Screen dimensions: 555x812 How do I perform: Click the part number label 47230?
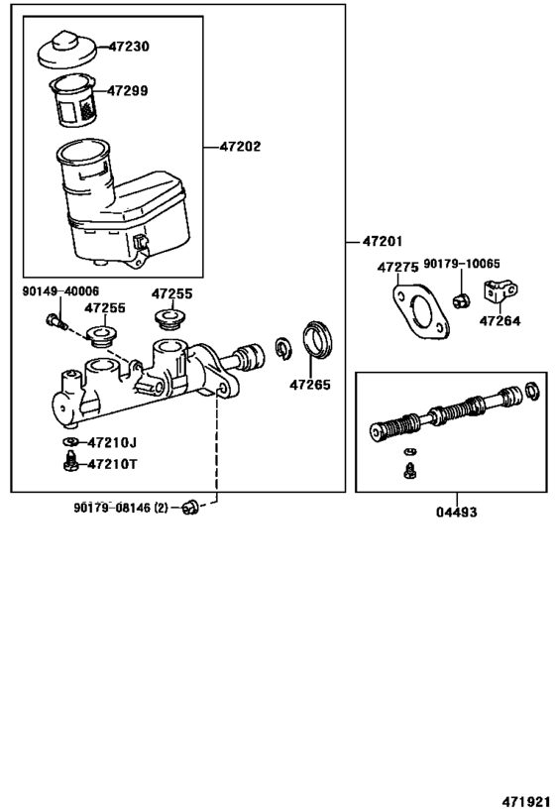(129, 47)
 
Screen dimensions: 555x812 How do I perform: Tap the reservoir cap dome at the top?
(67, 50)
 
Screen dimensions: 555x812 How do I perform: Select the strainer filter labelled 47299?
(73, 100)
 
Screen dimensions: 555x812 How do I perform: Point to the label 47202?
(240, 147)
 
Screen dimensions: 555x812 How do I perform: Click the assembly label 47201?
(383, 241)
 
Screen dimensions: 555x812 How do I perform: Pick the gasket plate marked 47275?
(421, 310)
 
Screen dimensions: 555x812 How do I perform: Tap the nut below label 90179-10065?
(461, 300)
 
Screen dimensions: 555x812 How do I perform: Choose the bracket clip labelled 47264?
(499, 292)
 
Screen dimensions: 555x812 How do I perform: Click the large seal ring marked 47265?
(317, 339)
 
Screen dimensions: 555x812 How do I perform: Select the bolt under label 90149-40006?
(55, 322)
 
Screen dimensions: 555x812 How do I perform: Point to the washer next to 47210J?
(70, 442)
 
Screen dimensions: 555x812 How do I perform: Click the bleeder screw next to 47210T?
(70, 461)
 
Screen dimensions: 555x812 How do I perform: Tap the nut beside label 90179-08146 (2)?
(190, 508)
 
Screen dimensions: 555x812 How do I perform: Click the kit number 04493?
(456, 513)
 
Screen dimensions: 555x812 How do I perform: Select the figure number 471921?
(525, 802)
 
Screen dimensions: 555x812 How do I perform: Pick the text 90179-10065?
(462, 264)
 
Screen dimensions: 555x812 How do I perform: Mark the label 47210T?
(112, 464)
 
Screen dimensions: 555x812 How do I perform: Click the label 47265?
(309, 385)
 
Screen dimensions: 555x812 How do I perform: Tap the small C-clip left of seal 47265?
(283, 349)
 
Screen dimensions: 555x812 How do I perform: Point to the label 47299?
(128, 91)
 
